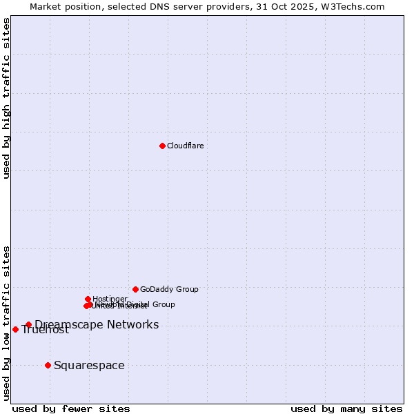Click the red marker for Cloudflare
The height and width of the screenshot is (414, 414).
(162, 146)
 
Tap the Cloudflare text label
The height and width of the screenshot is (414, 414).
(185, 146)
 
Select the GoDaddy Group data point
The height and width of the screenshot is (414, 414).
(135, 289)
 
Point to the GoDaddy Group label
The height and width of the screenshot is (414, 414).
(169, 289)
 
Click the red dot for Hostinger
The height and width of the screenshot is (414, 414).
(88, 299)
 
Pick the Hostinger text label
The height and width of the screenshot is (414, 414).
(110, 299)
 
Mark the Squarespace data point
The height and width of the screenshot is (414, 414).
(48, 365)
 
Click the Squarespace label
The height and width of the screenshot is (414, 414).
(89, 365)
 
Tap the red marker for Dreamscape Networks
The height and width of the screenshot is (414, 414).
(28, 324)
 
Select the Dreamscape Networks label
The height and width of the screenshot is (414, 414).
(97, 324)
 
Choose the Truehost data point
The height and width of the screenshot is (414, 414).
(15, 329)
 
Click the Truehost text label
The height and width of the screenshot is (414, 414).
(46, 330)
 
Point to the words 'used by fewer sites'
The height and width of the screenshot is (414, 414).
(71, 408)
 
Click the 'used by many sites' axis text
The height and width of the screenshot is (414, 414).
(346, 408)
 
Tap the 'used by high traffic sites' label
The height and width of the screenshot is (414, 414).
(6, 98)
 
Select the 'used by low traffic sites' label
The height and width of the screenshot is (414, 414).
(6, 322)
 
